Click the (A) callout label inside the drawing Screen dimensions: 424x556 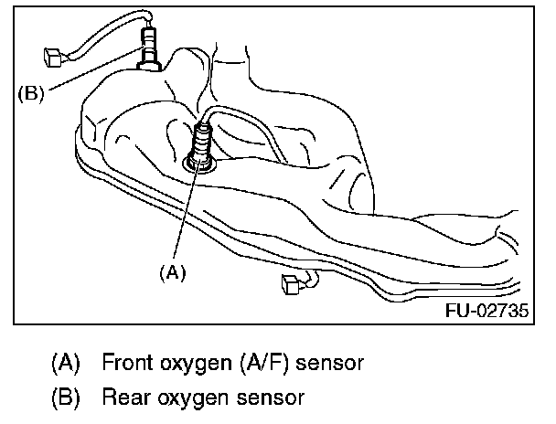[x=174, y=272]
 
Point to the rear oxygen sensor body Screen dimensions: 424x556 [x=148, y=46]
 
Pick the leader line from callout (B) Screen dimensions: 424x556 [x=91, y=79]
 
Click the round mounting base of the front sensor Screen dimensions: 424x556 [x=198, y=164]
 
